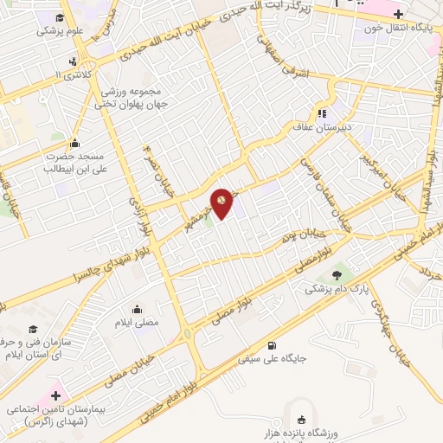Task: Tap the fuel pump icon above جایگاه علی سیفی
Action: (x=273, y=343)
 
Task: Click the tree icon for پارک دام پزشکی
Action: (x=337, y=274)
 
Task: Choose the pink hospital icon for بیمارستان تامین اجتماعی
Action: (x=55, y=395)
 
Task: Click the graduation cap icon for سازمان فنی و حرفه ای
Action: (x=33, y=330)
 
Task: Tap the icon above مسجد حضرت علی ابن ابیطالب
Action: (x=76, y=144)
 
